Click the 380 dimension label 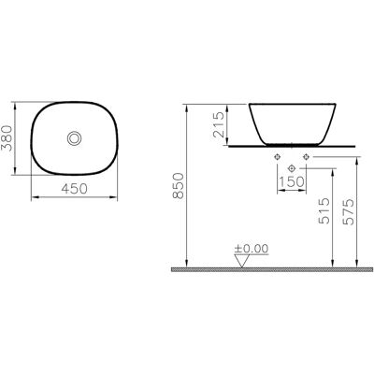coord(7,138)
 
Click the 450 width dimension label coord(74,189)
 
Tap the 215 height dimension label coord(219,124)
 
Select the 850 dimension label coord(179,186)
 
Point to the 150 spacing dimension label coord(292,181)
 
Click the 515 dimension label coord(324,211)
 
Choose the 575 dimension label coord(349,211)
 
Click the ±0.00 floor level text coord(252,249)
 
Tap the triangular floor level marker coord(242,261)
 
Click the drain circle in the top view coord(75,138)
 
